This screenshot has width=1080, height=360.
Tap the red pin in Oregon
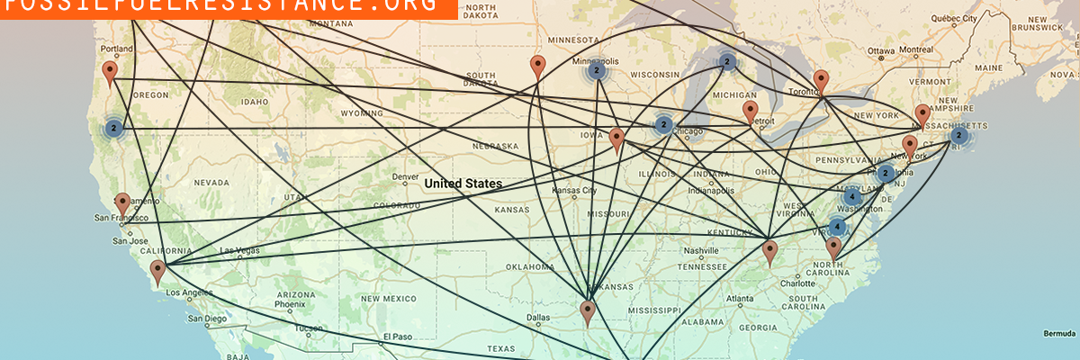coord(110,72)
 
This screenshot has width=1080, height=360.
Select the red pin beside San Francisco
coord(122,203)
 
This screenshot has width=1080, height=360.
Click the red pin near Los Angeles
coord(157,271)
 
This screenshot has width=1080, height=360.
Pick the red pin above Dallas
coord(588,311)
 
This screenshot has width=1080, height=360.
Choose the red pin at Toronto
coord(821,82)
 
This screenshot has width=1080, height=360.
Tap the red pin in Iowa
coord(616,139)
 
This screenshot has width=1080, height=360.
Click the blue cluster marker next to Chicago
coord(663,125)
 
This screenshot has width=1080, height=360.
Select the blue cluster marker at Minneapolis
coord(596,69)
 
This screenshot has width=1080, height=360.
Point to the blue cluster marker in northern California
coord(113,128)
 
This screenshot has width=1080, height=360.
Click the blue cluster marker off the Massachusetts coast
coord(959,136)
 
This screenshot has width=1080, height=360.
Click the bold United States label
coord(463,184)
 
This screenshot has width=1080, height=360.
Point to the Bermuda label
coord(1058,333)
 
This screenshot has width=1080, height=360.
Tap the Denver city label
coord(406,176)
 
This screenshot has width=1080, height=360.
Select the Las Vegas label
coord(239,250)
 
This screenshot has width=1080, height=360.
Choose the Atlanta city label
coord(741,299)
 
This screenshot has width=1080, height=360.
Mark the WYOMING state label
coord(361,113)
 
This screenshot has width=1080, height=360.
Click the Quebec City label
coord(955,18)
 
